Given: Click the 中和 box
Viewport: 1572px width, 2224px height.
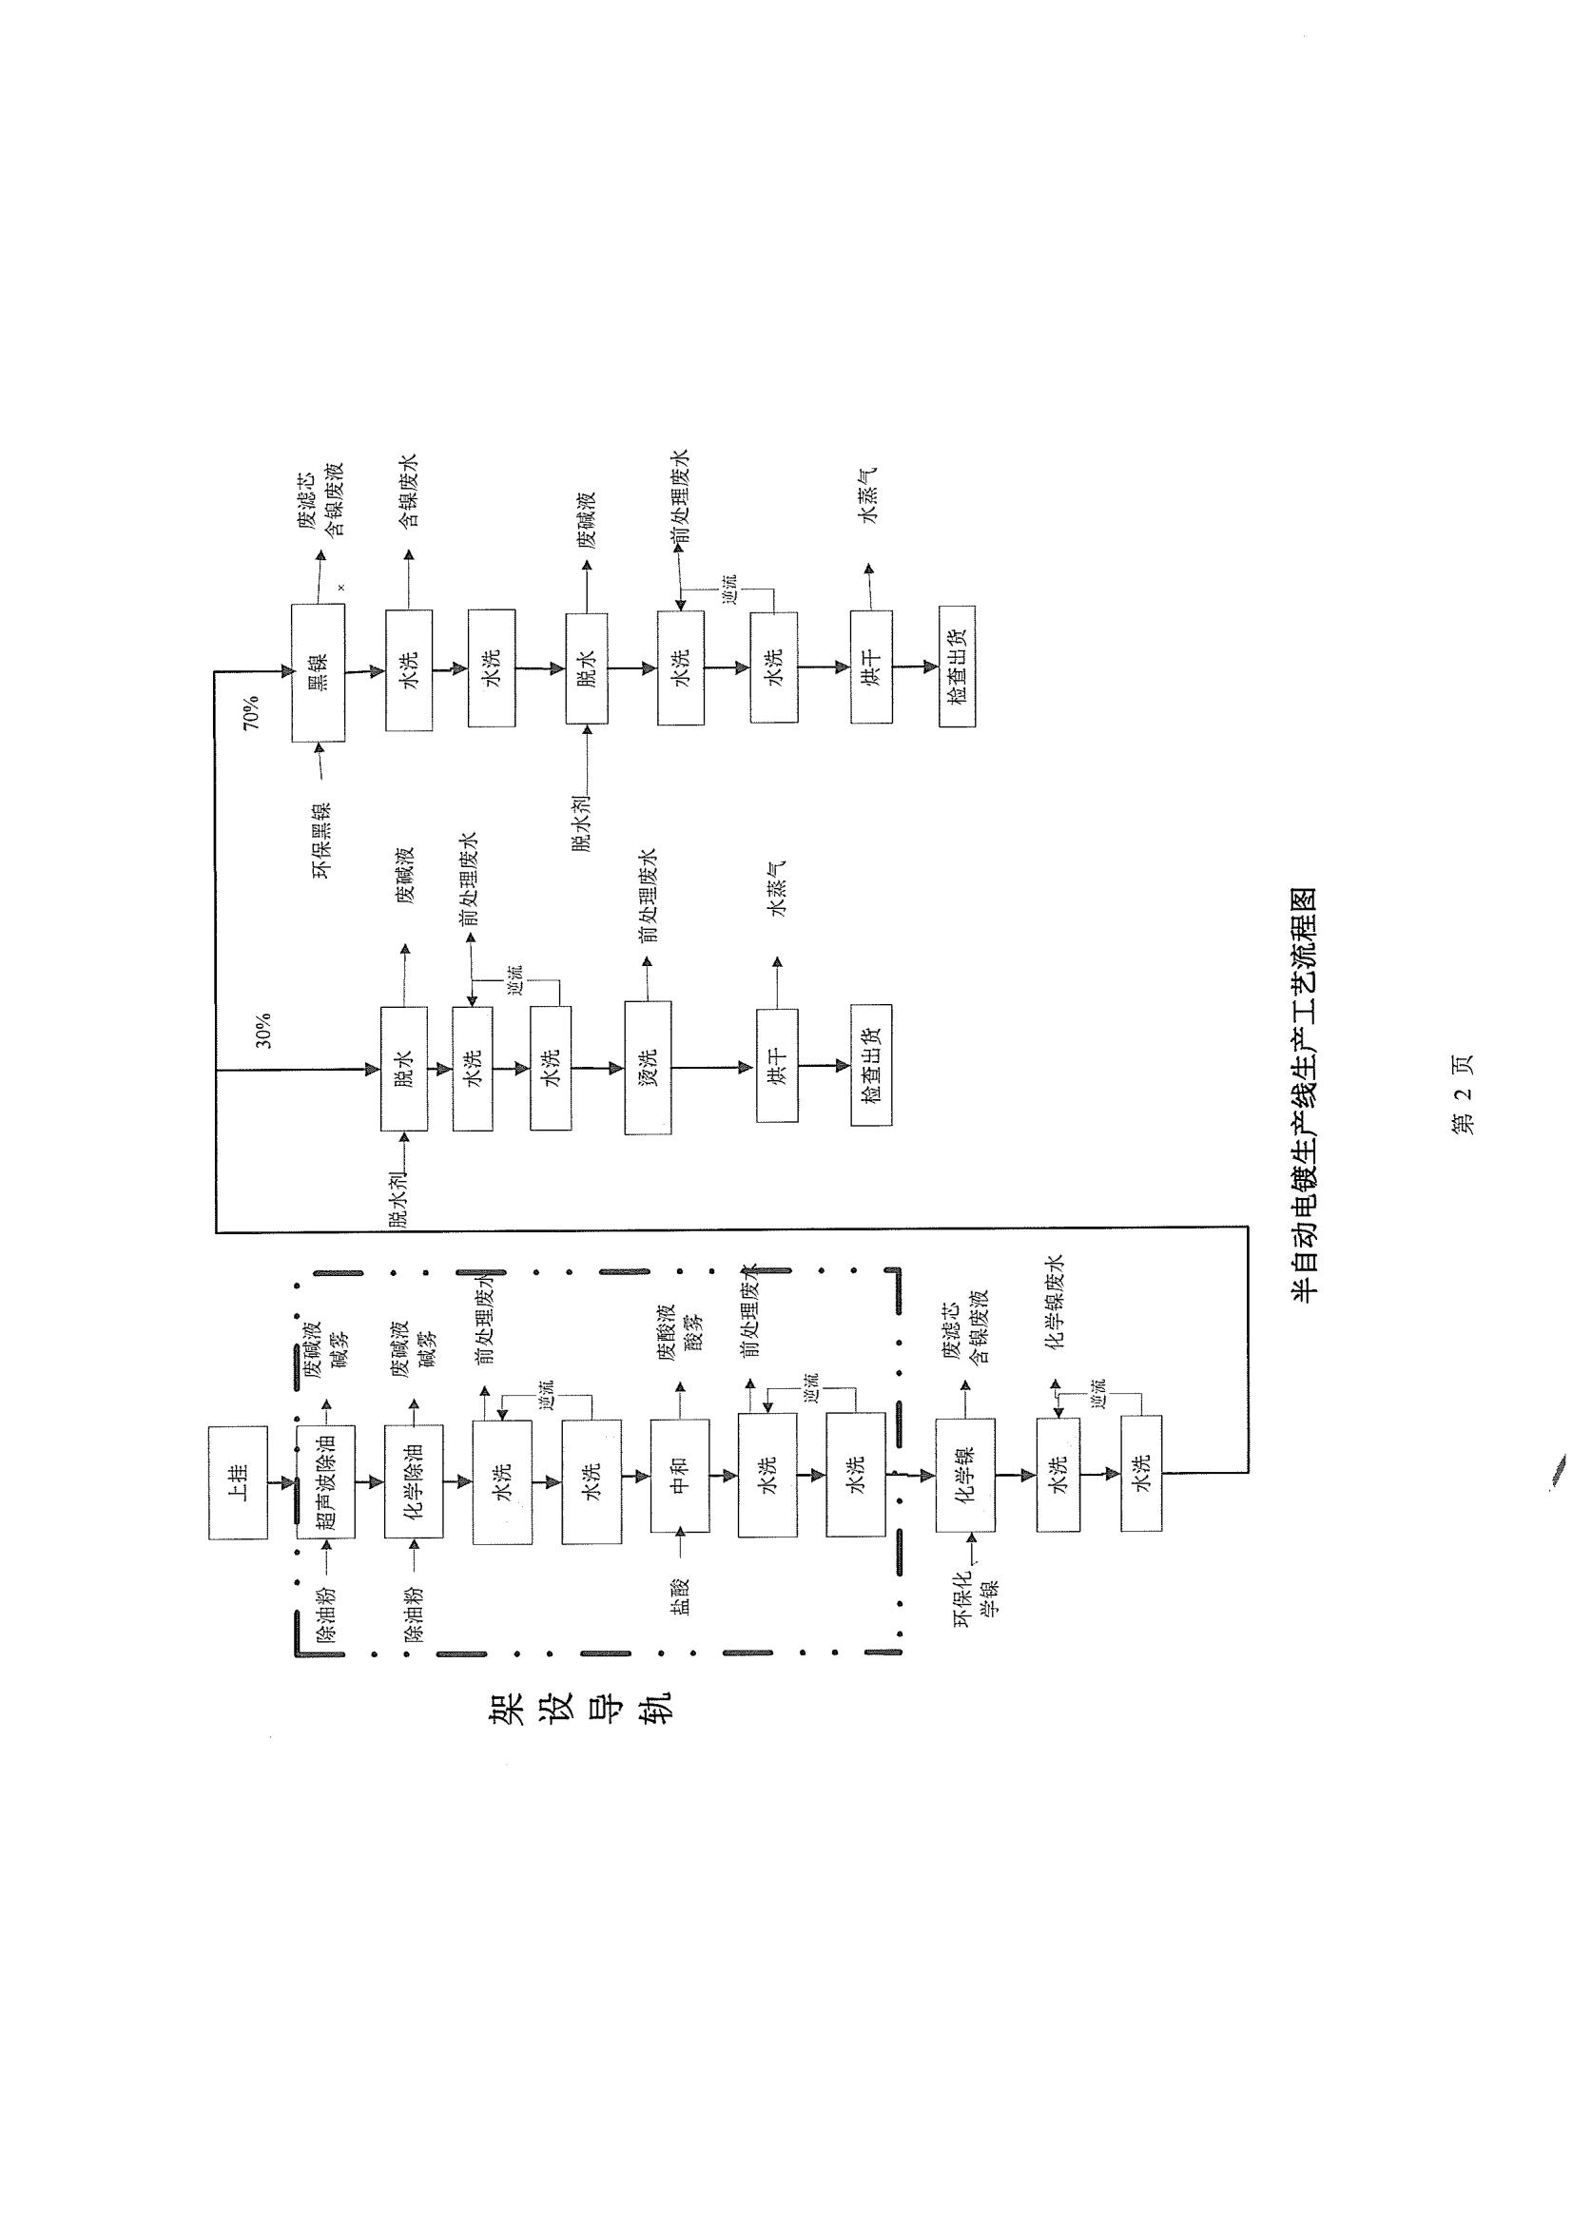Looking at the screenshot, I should click(680, 1477).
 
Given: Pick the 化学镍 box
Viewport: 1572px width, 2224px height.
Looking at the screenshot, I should click(964, 1477).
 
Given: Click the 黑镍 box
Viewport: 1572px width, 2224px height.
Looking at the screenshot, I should click(319, 672).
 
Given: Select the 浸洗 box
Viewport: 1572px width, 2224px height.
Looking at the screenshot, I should click(648, 1068).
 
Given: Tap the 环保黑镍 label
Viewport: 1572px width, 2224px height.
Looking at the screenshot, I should click(320, 840).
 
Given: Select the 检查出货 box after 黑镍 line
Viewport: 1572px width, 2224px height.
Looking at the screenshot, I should click(957, 667).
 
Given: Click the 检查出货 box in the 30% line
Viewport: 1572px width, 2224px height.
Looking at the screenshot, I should click(871, 1066).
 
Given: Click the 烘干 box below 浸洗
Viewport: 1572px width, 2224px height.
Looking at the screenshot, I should click(778, 1066).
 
